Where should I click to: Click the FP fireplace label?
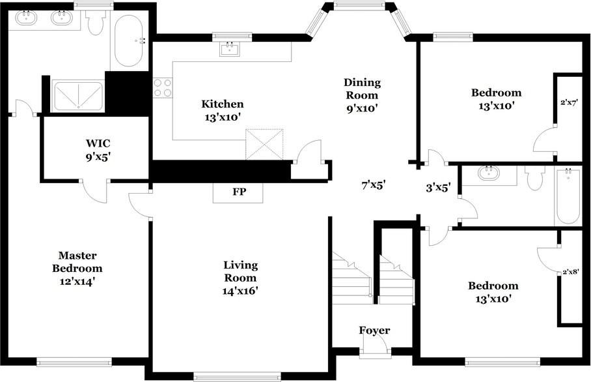[238, 193]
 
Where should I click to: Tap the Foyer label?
[374, 331]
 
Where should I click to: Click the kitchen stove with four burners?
[162, 88]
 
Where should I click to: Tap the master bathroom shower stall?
[77, 96]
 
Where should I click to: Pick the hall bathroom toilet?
[535, 177]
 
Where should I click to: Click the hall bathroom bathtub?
[568, 196]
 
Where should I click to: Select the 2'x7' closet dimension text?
[568, 102]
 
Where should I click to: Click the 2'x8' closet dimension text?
[570, 272]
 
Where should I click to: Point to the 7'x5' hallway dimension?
[374, 184]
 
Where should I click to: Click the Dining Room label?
[362, 95]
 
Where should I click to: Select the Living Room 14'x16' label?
[240, 278]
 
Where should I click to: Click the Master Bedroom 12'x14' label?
[77, 268]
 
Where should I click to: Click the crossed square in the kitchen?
[264, 143]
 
